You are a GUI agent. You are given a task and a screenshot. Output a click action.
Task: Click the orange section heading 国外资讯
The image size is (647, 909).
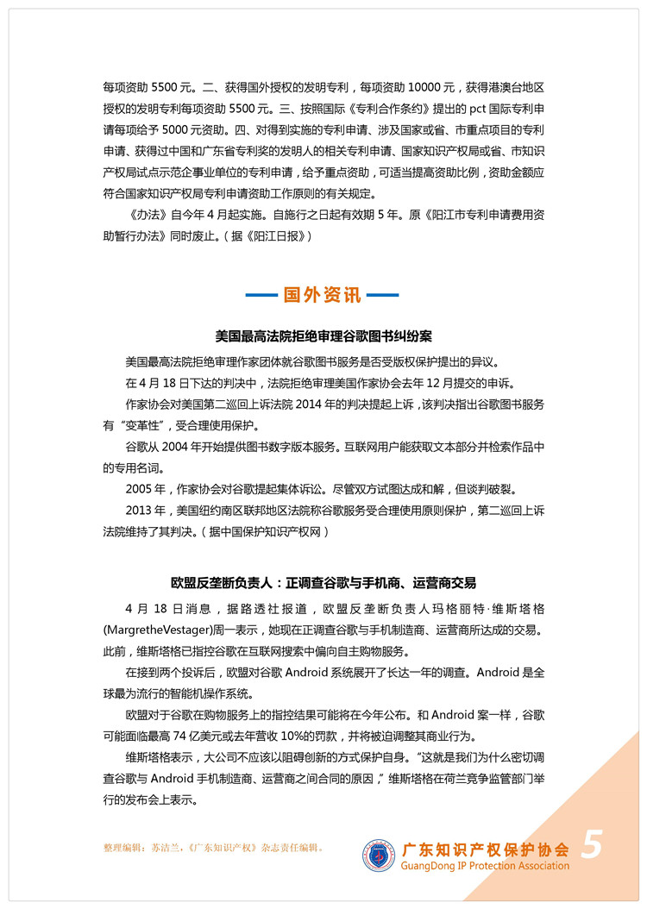[323, 296]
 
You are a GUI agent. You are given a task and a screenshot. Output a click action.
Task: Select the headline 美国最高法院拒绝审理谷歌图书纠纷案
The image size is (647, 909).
[323, 336]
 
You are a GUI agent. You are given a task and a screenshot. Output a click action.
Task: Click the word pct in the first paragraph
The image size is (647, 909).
[427, 110]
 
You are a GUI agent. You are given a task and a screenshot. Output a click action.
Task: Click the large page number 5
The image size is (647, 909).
[592, 844]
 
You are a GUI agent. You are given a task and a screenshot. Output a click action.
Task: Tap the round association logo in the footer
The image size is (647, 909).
[379, 854]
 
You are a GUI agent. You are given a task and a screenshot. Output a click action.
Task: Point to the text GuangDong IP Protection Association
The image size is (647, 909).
[487, 866]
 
